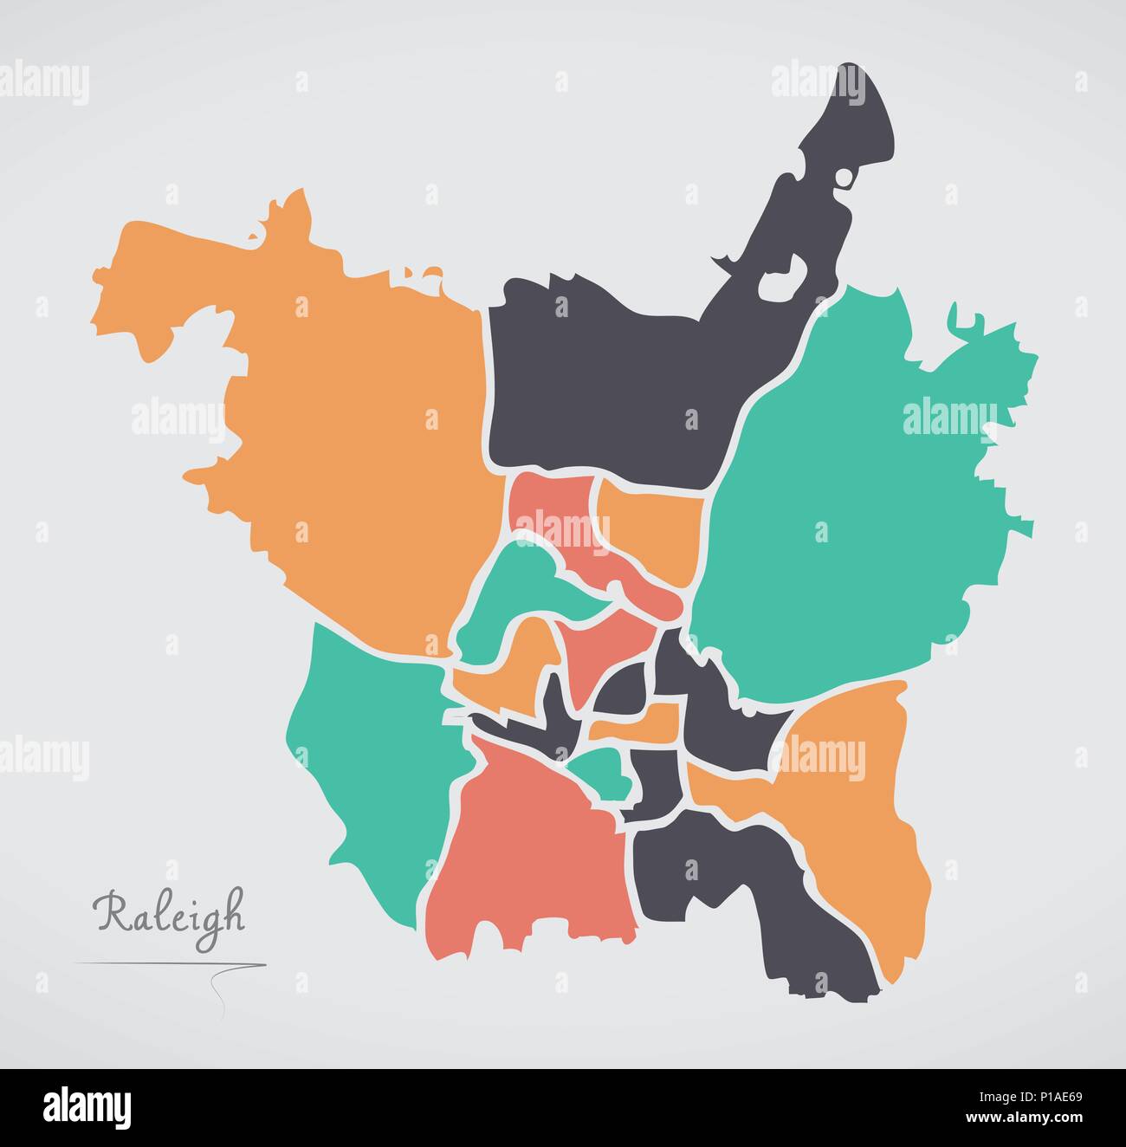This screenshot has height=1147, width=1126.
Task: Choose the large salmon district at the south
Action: click(528, 866)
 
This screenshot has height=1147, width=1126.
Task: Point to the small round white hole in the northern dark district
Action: click(844, 177)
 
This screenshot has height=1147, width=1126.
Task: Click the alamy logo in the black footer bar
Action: click(87, 1106)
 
